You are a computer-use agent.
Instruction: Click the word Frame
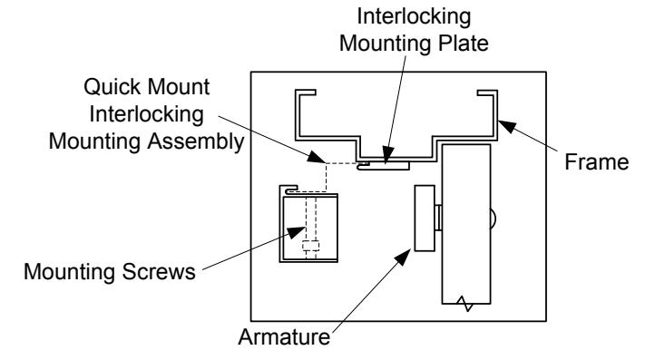[597, 161]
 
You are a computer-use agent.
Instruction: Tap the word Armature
[284, 336]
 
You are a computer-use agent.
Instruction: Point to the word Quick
[112, 87]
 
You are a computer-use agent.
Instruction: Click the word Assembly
[195, 141]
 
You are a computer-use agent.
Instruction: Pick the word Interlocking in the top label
[414, 16]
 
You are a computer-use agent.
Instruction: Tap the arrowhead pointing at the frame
[507, 125]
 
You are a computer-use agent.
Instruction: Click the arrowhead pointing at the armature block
[403, 257]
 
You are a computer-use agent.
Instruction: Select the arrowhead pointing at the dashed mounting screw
[297, 232]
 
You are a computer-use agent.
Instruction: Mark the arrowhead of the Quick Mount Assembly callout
[317, 157]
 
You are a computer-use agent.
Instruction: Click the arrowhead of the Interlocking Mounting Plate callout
[387, 153]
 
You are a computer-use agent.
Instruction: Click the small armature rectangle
[425, 218]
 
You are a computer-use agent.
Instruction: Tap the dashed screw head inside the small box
[310, 246]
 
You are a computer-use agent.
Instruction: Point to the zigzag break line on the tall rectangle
[464, 304]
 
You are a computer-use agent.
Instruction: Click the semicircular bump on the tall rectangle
[493, 218]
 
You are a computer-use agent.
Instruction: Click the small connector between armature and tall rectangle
[438, 218]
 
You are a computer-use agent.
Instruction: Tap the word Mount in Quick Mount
[179, 87]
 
